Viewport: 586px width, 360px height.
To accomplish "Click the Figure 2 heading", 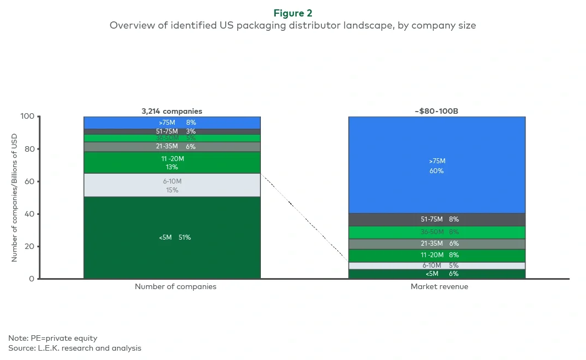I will (x=293, y=12).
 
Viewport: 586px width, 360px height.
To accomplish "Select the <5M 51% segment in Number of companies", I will (x=172, y=237).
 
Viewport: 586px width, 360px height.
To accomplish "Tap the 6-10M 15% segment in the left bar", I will (x=172, y=185).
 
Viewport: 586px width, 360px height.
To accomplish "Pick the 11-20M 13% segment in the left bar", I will (x=172, y=163).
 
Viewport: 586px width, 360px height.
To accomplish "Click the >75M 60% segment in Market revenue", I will (x=437, y=165).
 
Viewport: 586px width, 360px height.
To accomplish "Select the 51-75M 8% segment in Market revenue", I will (x=437, y=219).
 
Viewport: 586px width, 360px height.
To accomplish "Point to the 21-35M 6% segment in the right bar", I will (x=437, y=243).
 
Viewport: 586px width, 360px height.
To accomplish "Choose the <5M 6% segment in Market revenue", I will (x=437, y=274).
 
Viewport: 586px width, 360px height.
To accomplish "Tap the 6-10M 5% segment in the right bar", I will (x=437, y=265).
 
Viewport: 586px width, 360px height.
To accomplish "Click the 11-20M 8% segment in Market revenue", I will (x=437, y=255).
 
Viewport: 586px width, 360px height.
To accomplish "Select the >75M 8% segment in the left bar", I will (x=172, y=123).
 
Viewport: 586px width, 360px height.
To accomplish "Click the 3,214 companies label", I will (x=171, y=111).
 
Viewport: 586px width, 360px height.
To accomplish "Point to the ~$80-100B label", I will (x=437, y=111).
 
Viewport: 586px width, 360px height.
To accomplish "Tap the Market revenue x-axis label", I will (x=439, y=287).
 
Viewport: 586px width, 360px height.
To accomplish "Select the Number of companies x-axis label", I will (x=175, y=287).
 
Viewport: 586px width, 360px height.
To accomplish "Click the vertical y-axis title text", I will (x=15, y=197).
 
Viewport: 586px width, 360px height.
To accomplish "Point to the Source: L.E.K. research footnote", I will (x=75, y=348).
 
